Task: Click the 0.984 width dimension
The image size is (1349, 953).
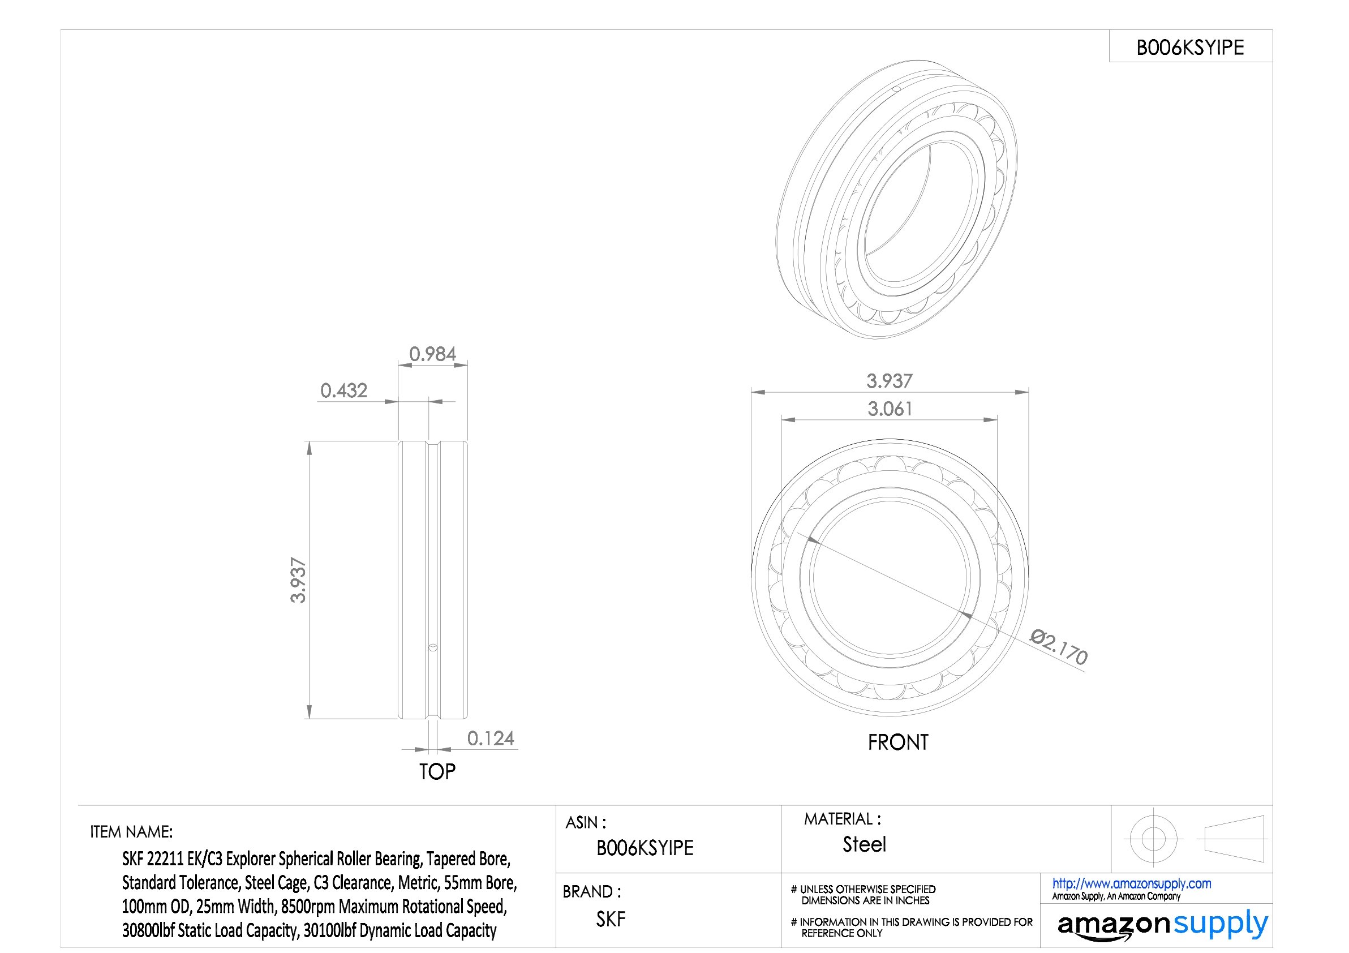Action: pyautogui.click(x=432, y=354)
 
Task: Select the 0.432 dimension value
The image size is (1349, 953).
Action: pyautogui.click(x=343, y=390)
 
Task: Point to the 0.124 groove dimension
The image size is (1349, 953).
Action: pyautogui.click(x=491, y=738)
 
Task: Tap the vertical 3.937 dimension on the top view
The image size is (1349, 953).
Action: pyautogui.click(x=298, y=580)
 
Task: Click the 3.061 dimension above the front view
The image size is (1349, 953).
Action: pyautogui.click(x=890, y=409)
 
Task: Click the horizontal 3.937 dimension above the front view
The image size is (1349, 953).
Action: pyautogui.click(x=890, y=381)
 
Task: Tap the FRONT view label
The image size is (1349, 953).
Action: pyautogui.click(x=899, y=742)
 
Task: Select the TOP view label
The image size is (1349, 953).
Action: pyautogui.click(x=437, y=771)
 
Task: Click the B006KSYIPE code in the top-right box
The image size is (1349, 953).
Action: pyautogui.click(x=1191, y=48)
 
